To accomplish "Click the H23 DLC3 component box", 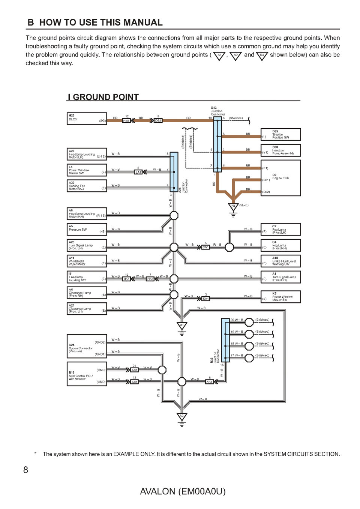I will pos(87,119).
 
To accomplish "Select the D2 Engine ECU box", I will pos(280,178).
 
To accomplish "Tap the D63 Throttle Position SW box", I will pos(280,134).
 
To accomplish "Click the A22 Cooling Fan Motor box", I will pos(87,186).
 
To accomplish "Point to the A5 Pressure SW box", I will pos(87,229).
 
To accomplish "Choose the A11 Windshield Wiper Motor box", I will pos(87,261).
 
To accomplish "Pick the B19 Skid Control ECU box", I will pos(87,374).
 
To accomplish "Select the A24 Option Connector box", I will pos(87,346).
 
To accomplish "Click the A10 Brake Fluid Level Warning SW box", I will pos(280,261).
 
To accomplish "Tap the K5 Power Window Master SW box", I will pos(280,297).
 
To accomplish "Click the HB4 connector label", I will pos(126,121).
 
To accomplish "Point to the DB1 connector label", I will pos(158,121).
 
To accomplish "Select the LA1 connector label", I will pos(138,172).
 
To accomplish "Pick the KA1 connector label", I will pos(205,299).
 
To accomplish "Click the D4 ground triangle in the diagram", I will pos(233,207).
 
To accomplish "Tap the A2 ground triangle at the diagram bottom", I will pos(182,417).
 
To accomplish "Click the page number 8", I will pos(25,470).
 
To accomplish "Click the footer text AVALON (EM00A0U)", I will pos(183,491).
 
